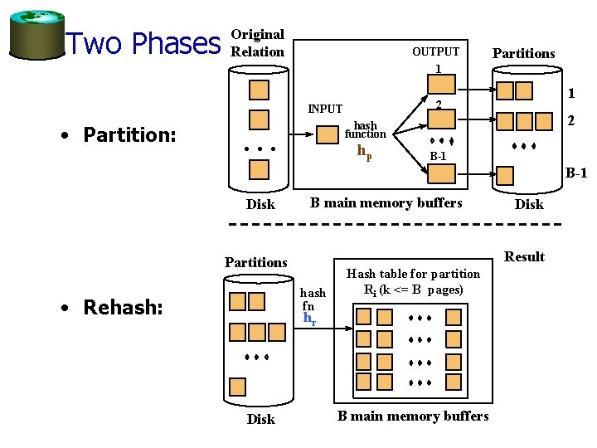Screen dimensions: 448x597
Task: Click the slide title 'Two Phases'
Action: [x=143, y=43]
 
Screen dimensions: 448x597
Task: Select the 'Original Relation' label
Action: [x=257, y=43]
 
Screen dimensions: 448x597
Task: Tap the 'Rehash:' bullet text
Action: [x=122, y=308]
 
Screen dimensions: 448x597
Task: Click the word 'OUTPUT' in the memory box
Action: [x=435, y=51]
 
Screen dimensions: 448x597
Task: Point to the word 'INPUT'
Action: [x=325, y=109]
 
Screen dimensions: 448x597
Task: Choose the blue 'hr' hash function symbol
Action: [x=309, y=319]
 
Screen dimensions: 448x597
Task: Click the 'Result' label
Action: [x=524, y=256]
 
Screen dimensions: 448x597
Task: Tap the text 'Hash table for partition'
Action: [x=413, y=274]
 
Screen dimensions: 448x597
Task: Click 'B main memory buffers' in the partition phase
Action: [x=386, y=203]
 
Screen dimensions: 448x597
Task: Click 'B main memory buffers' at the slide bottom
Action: [x=413, y=416]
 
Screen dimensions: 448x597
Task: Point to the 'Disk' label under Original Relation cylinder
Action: [x=260, y=204]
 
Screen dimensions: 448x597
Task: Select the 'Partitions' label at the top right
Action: [x=523, y=53]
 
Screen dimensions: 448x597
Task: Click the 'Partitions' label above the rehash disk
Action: [x=255, y=262]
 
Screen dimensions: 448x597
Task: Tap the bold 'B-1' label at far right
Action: [x=576, y=174]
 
